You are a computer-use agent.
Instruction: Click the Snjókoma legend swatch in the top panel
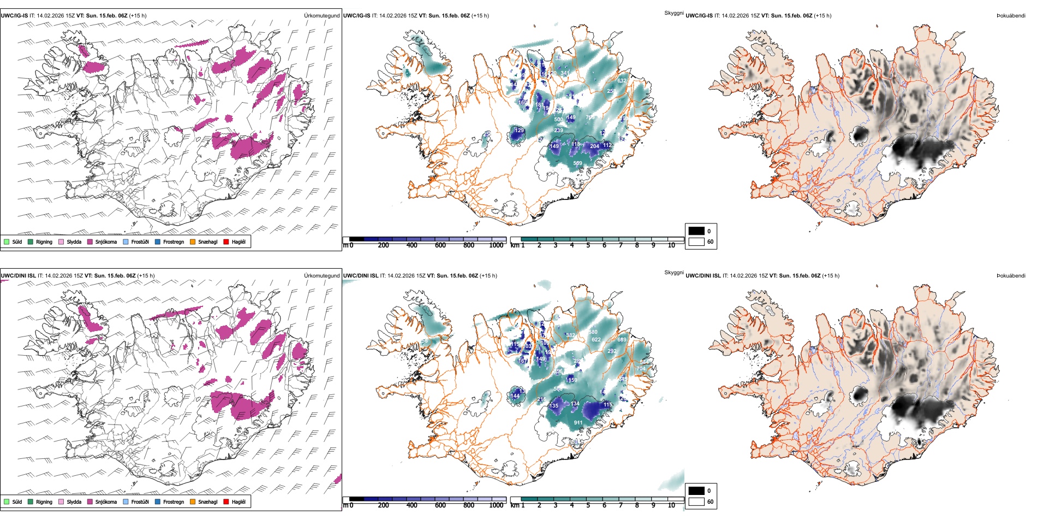[x=90, y=241]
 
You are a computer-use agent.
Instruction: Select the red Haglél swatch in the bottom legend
[x=227, y=502]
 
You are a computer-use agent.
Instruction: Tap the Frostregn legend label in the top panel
[x=173, y=241]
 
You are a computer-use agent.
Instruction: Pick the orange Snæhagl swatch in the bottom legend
[x=193, y=502]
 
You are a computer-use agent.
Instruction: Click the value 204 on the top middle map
[x=594, y=146]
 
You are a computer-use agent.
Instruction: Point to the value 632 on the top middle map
[x=622, y=80]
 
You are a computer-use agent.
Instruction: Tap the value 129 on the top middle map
[x=519, y=131]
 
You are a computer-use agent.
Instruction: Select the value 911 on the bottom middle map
[x=578, y=423]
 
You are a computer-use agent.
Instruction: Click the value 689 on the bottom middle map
[x=622, y=340]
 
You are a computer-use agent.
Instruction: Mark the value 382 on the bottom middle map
[x=570, y=335]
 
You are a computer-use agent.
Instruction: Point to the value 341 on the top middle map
[x=565, y=73]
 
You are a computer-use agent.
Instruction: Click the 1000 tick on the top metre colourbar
[x=496, y=245]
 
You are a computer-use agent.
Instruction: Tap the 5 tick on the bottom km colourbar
[x=588, y=505]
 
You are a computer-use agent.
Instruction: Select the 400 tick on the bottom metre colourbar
[x=412, y=505]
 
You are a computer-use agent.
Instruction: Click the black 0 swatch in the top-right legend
[x=696, y=231]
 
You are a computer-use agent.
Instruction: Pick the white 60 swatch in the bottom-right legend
[x=696, y=501]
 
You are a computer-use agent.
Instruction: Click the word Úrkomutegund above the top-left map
[x=321, y=16]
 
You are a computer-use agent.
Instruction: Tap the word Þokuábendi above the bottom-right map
[x=1011, y=276]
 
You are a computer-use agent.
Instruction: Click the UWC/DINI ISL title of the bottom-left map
[x=18, y=276]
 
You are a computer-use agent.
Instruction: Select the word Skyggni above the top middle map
[x=674, y=13]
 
